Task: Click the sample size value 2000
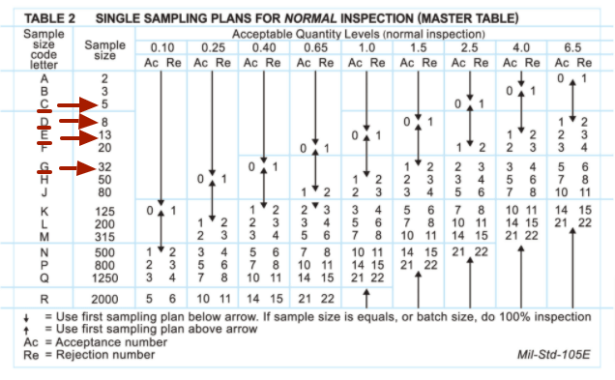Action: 104,300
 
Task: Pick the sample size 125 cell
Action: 104,210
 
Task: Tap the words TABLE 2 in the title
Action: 50,17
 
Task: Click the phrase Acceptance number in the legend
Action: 105,341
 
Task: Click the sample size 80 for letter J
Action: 104,191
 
